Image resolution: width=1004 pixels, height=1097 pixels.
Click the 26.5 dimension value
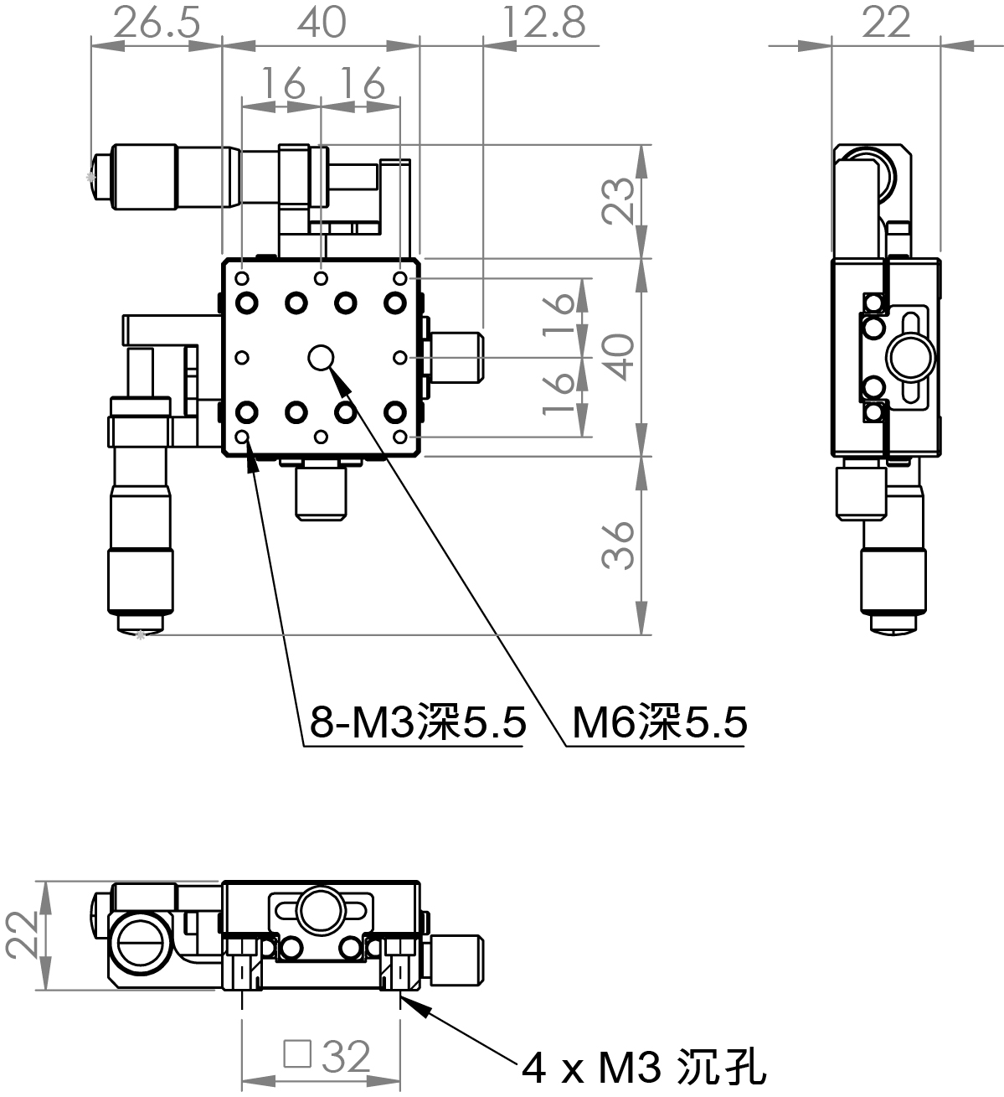(157, 23)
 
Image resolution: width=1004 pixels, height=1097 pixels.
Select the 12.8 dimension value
(543, 23)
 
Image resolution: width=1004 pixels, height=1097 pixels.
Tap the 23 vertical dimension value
(619, 200)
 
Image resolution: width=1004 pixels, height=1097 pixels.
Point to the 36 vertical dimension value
(619, 546)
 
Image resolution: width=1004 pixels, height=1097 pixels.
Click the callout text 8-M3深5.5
(418, 722)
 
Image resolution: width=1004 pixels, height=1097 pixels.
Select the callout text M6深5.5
(659, 722)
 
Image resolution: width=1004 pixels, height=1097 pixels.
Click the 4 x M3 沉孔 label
(643, 1067)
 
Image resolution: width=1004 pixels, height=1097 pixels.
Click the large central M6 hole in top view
(321, 358)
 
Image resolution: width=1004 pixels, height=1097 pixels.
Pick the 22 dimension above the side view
(886, 23)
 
